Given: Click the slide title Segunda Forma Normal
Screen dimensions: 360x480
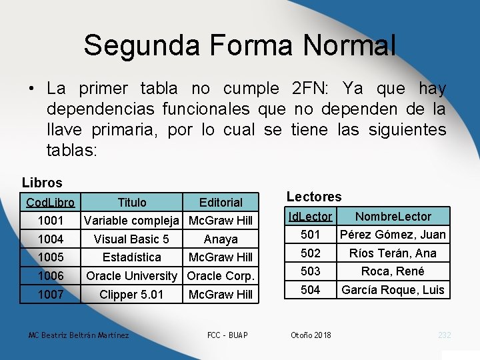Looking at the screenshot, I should click(239, 45).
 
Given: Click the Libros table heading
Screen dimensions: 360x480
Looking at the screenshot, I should click(42, 182).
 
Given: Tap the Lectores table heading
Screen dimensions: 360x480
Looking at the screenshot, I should click(313, 197).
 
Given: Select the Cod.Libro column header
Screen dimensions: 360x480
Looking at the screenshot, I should click(51, 202).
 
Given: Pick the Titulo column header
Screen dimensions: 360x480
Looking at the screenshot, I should click(132, 202).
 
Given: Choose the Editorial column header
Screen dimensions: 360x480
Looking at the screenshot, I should click(221, 202).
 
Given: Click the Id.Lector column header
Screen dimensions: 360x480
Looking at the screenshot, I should click(310, 217).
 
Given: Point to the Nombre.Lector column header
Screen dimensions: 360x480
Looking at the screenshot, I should click(393, 217).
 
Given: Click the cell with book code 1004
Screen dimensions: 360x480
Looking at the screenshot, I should click(51, 239).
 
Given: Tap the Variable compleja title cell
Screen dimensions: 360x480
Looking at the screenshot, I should click(132, 220).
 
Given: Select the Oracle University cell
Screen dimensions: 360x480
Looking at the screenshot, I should click(132, 275).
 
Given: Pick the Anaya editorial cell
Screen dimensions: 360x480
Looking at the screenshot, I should click(221, 239).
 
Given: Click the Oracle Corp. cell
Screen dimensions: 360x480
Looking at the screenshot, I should click(221, 275).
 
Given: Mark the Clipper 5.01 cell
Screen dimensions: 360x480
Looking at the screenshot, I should click(132, 294).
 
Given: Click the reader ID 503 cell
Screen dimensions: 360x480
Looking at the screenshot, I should click(310, 271).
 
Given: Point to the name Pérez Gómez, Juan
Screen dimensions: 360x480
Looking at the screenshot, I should click(393, 235).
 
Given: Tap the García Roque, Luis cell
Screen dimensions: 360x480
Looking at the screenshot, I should click(393, 290).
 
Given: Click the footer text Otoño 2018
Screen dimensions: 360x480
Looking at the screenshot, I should click(311, 335).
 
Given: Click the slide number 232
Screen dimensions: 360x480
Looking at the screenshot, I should click(445, 335).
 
